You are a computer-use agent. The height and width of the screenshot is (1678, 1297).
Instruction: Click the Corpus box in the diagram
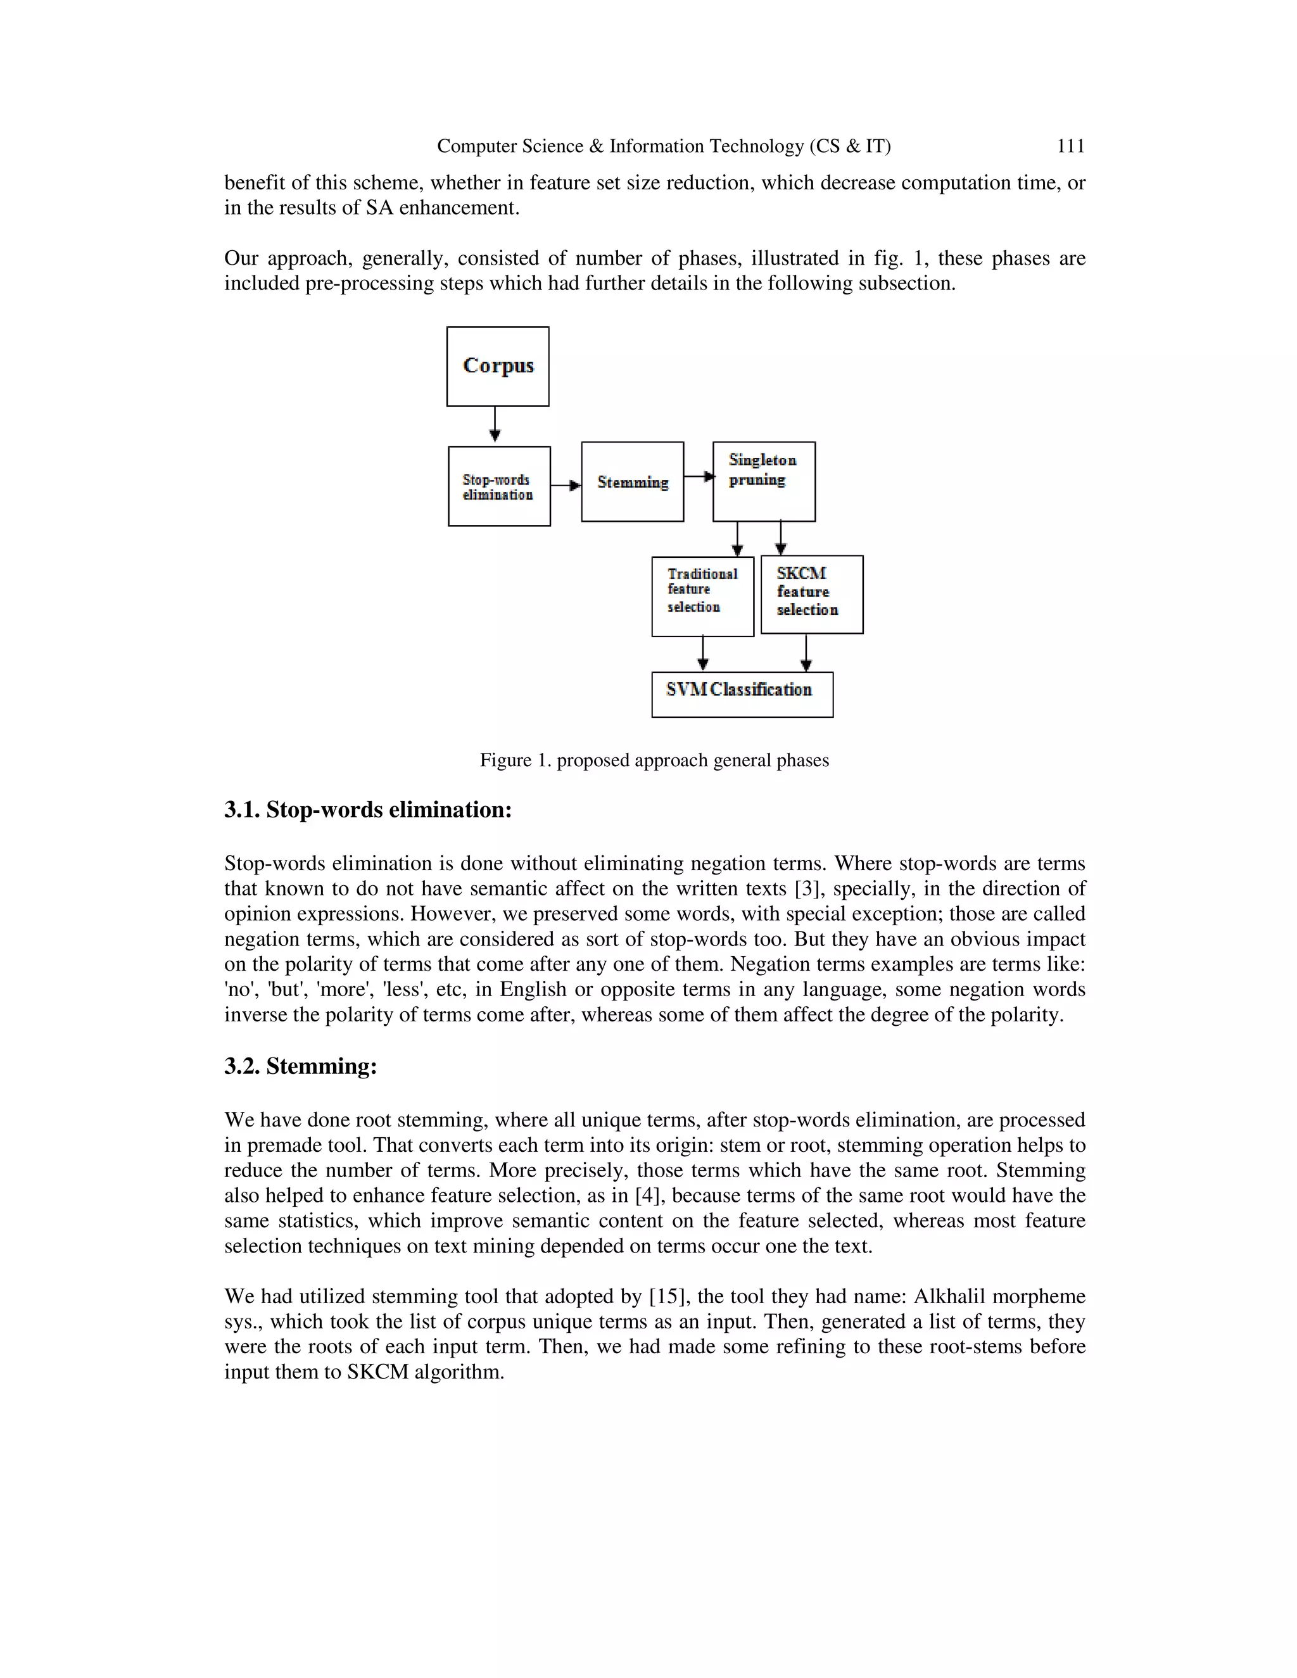[498, 367]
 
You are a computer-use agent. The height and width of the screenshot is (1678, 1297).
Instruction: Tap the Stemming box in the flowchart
[633, 482]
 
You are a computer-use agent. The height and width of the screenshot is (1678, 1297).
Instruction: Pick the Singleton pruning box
[764, 482]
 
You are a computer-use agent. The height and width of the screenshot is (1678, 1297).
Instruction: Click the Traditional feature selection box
[702, 596]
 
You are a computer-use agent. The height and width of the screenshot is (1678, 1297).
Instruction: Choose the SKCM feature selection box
[811, 594]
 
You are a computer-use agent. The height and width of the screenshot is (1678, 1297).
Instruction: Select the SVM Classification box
[742, 695]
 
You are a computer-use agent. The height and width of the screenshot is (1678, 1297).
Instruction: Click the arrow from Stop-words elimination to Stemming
[566, 486]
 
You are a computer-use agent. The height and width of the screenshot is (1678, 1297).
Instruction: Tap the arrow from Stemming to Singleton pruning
[699, 476]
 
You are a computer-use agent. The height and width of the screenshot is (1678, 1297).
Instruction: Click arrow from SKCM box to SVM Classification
[806, 653]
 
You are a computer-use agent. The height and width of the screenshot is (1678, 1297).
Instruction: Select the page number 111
[1070, 146]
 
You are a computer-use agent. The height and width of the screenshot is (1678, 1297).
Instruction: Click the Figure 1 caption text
[654, 760]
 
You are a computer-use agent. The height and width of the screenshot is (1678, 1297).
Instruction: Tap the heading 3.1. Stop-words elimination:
[367, 810]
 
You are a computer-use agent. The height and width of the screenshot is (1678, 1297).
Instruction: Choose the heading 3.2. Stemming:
[300, 1066]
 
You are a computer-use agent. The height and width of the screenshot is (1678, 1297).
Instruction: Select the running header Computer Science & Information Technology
[663, 146]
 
